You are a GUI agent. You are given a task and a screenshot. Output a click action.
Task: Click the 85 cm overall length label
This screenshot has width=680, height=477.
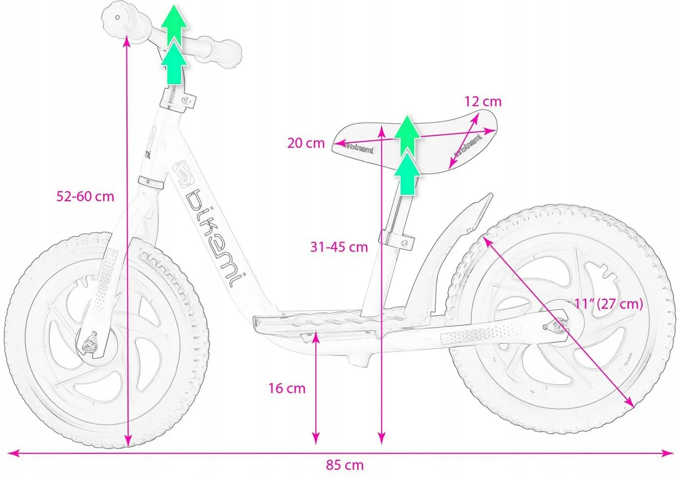click(344, 465)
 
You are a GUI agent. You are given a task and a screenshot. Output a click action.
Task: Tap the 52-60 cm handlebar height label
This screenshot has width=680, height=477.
click(85, 197)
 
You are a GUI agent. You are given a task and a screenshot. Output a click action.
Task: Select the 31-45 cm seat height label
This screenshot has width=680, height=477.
click(339, 247)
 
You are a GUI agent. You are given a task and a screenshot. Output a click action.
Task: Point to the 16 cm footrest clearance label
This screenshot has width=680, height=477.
click(287, 389)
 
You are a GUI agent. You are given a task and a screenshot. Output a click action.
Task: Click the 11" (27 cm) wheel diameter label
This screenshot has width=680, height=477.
click(609, 304)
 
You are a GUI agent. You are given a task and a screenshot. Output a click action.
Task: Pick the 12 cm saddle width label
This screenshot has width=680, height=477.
click(483, 102)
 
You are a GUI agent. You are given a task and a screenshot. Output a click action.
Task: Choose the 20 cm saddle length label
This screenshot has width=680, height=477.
click(306, 143)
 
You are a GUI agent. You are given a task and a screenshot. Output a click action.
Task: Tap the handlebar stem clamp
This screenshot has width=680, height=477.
click(178, 100)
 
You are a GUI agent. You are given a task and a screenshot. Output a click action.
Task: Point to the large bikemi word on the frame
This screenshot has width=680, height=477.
click(216, 238)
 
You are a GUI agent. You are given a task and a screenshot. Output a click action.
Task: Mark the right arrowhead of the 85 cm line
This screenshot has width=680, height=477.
click(668, 454)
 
